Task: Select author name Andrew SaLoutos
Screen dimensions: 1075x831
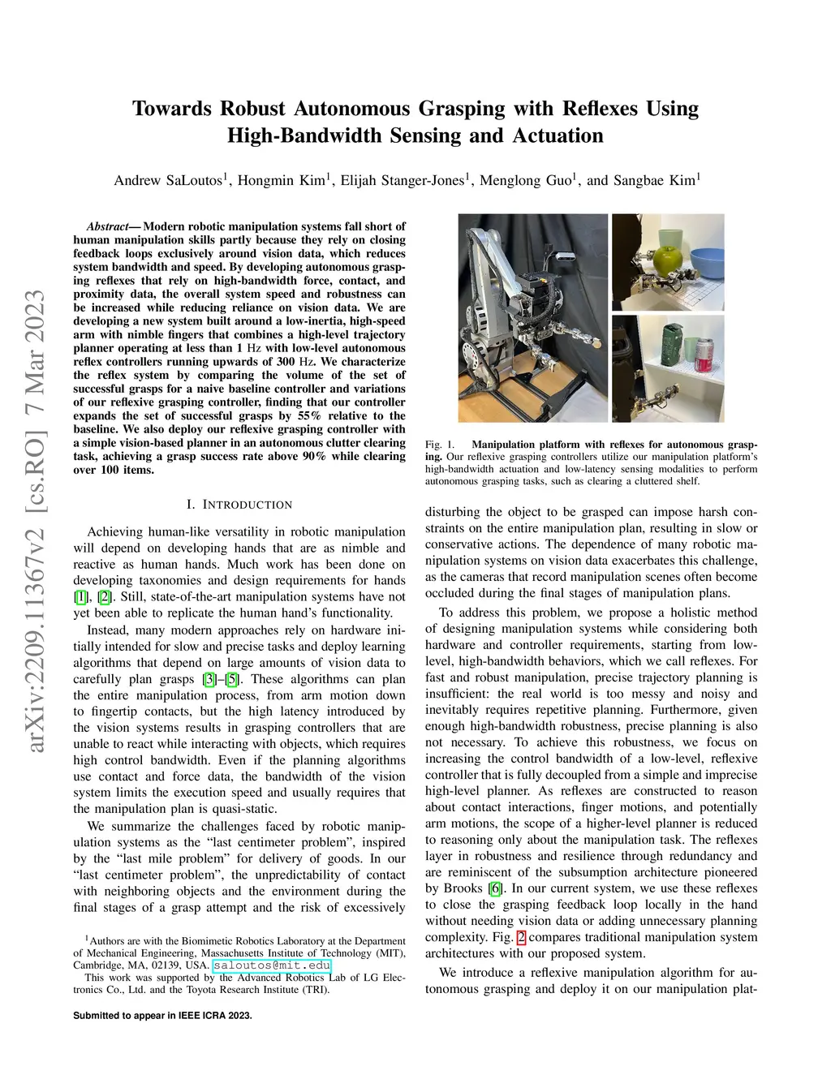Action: [x=168, y=180]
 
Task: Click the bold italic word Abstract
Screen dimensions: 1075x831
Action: [x=107, y=226]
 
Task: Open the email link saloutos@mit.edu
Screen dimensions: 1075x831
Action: [x=272, y=965]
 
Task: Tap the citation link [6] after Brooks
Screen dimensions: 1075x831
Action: [x=495, y=888]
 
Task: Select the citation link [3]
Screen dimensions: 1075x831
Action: [x=209, y=679]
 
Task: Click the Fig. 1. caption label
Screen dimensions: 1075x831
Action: [x=440, y=445]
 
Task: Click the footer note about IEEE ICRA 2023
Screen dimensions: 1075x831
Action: [x=162, y=1016]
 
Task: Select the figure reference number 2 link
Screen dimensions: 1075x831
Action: [x=521, y=937]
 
